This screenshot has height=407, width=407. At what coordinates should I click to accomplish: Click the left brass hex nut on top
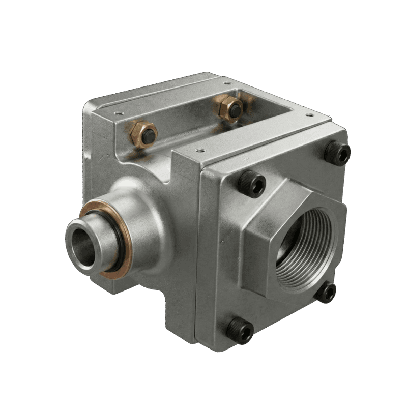click(142, 134)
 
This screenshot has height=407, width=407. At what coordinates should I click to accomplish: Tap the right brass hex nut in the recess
click(232, 108)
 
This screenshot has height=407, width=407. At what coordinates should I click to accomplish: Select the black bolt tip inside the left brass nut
click(149, 134)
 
